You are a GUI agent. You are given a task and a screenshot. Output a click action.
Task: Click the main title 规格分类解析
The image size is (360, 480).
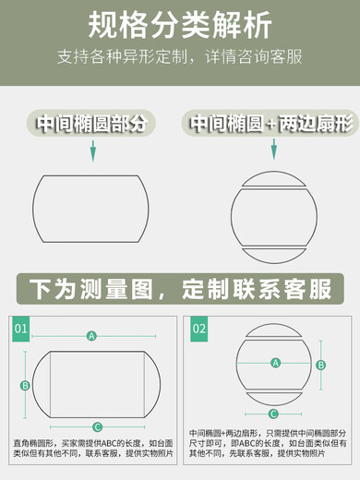[180, 21]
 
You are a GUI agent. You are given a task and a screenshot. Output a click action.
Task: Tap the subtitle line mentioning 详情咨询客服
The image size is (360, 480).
[180, 56]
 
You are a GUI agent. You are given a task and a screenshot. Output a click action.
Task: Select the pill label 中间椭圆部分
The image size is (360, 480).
[90, 124]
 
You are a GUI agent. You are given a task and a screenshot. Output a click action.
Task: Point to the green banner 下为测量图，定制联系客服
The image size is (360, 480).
[180, 288]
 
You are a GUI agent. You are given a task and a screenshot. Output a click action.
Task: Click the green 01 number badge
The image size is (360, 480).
[21, 328]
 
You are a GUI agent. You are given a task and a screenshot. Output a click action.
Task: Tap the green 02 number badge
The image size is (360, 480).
[199, 328]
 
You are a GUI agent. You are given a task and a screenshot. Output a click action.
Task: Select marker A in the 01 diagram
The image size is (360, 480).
[91, 336]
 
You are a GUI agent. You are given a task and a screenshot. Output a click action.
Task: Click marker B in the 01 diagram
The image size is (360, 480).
[25, 385]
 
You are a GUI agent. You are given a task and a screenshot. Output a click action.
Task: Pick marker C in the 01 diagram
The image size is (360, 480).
[98, 426]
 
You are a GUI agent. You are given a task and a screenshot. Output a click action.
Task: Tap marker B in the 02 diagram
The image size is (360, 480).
[321, 365]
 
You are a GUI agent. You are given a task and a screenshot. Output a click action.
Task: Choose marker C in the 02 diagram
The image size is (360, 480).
[273, 413]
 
